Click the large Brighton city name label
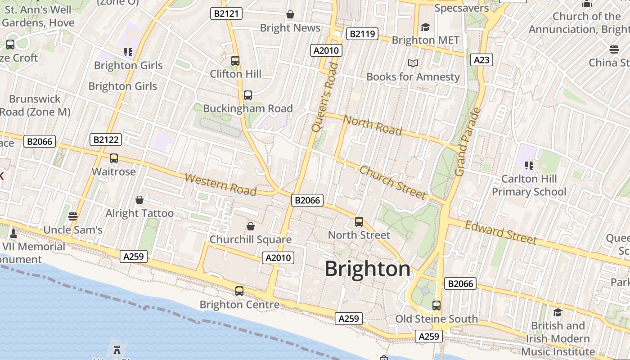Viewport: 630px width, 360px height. pyautogui.click(x=367, y=269)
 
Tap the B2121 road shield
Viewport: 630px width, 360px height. pyautogui.click(x=226, y=14)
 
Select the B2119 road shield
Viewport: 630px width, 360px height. pyautogui.click(x=362, y=34)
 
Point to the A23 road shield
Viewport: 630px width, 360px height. pyautogui.click(x=481, y=60)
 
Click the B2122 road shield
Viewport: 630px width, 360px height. pyautogui.click(x=106, y=139)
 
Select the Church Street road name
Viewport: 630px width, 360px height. pyautogui.click(x=392, y=182)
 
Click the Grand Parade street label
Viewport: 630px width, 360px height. pyautogui.click(x=468, y=142)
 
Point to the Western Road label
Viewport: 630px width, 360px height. pyautogui.click(x=220, y=184)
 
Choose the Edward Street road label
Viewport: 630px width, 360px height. pyautogui.click(x=500, y=232)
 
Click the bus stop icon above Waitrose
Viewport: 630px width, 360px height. pyautogui.click(x=114, y=158)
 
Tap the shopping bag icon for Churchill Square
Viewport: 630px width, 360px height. pyautogui.click(x=251, y=226)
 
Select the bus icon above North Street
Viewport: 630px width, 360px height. pyautogui.click(x=359, y=222)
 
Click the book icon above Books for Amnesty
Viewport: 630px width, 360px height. pyautogui.click(x=413, y=63)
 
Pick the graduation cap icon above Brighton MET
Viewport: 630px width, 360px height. pyautogui.click(x=425, y=27)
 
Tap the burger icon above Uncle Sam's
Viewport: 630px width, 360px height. pyautogui.click(x=73, y=216)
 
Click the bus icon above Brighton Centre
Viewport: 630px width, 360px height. pyautogui.click(x=239, y=291)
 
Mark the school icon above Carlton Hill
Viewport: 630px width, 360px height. pyautogui.click(x=529, y=165)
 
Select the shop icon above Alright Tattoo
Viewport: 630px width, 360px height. pyautogui.click(x=139, y=200)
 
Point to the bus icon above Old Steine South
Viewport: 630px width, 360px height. pyautogui.click(x=436, y=306)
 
